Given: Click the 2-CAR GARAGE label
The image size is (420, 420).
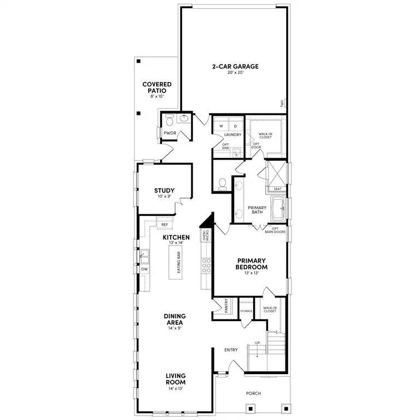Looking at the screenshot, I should [x=235, y=67].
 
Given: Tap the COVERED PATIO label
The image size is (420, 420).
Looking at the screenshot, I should [x=157, y=87].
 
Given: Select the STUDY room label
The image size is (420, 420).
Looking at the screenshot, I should [x=164, y=191].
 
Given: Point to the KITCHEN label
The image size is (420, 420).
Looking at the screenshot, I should [x=176, y=237].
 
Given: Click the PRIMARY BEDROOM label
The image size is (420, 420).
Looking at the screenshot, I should [x=252, y=264].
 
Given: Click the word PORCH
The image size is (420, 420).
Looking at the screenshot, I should [x=253, y=393].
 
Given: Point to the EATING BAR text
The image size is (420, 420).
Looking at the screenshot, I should [x=179, y=262].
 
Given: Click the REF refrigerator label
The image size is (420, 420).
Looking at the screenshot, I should [x=164, y=225].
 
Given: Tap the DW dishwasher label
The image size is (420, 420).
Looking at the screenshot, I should [x=145, y=269].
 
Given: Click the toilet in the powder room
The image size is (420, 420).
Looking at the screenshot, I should [x=168, y=120].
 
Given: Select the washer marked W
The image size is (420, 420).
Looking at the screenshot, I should [x=221, y=126].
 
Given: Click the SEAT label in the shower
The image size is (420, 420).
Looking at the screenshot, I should [x=277, y=189].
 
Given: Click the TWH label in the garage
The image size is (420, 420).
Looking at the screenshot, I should [x=282, y=104].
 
